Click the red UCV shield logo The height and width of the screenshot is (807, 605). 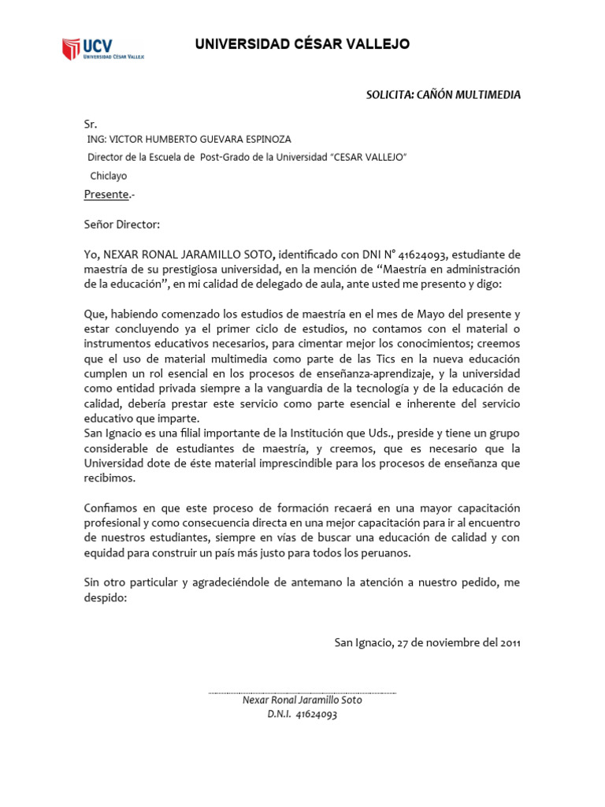click(x=72, y=49)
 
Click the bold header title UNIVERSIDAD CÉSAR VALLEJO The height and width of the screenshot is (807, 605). click(x=302, y=44)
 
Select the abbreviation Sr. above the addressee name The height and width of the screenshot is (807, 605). click(x=91, y=125)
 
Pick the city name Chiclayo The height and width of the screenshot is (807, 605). click(x=109, y=177)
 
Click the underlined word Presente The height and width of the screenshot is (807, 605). click(x=106, y=195)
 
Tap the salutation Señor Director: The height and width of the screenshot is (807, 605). click(x=122, y=225)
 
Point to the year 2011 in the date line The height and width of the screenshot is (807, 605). click(x=508, y=642)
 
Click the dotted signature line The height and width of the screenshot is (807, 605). click(x=302, y=694)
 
